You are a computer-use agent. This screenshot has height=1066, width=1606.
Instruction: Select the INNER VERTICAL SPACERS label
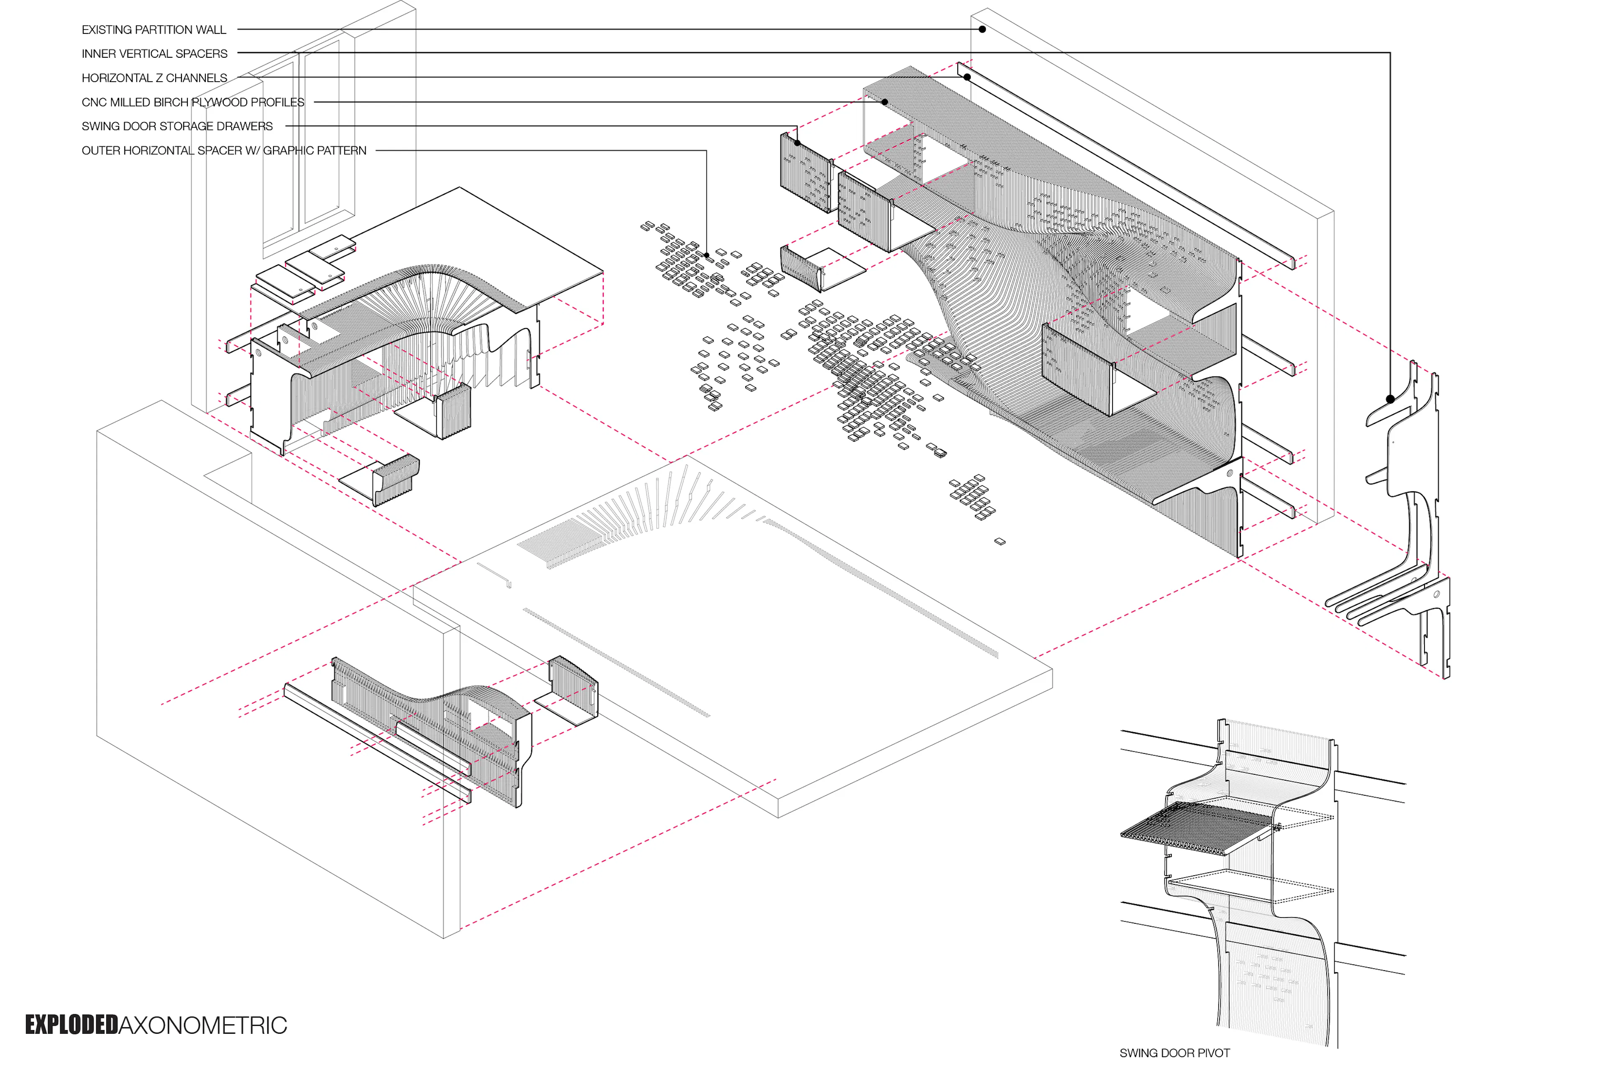pos(154,54)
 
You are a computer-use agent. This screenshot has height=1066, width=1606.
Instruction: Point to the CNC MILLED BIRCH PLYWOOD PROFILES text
pos(193,102)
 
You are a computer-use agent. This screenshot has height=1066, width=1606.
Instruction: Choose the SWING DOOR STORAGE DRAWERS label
pos(177,126)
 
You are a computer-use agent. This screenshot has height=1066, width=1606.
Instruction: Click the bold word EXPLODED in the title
pos(72,1025)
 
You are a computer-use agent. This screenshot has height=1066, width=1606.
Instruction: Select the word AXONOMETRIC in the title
pos(202,1025)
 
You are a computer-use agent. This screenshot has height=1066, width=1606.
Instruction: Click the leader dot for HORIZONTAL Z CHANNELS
pos(967,77)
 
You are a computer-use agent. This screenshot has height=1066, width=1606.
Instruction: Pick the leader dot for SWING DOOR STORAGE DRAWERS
pos(797,143)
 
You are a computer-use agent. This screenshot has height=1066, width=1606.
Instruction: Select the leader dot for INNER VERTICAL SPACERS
pos(1390,399)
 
